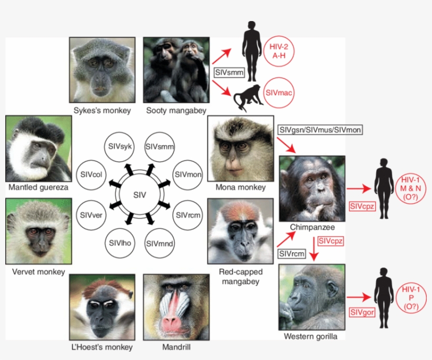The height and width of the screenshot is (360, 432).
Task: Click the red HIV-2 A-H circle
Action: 279,52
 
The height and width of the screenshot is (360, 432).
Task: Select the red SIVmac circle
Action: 279,93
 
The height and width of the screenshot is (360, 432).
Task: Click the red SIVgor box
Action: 362,312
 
